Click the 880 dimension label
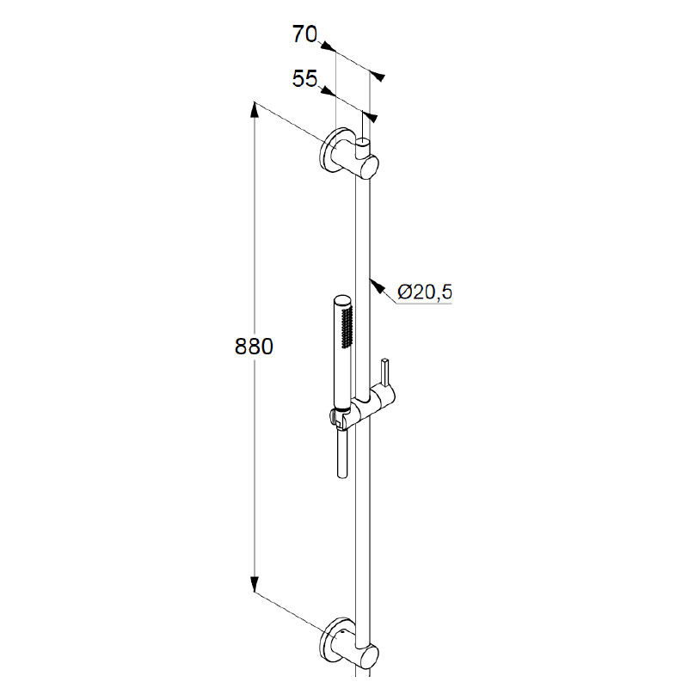(254, 347)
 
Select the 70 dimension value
(304, 34)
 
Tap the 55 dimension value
(304, 78)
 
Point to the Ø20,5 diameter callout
(425, 292)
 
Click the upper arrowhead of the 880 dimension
(254, 110)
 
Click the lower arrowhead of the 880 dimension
(254, 585)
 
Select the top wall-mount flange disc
(330, 150)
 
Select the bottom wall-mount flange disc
(330, 640)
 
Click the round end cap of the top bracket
(370, 167)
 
